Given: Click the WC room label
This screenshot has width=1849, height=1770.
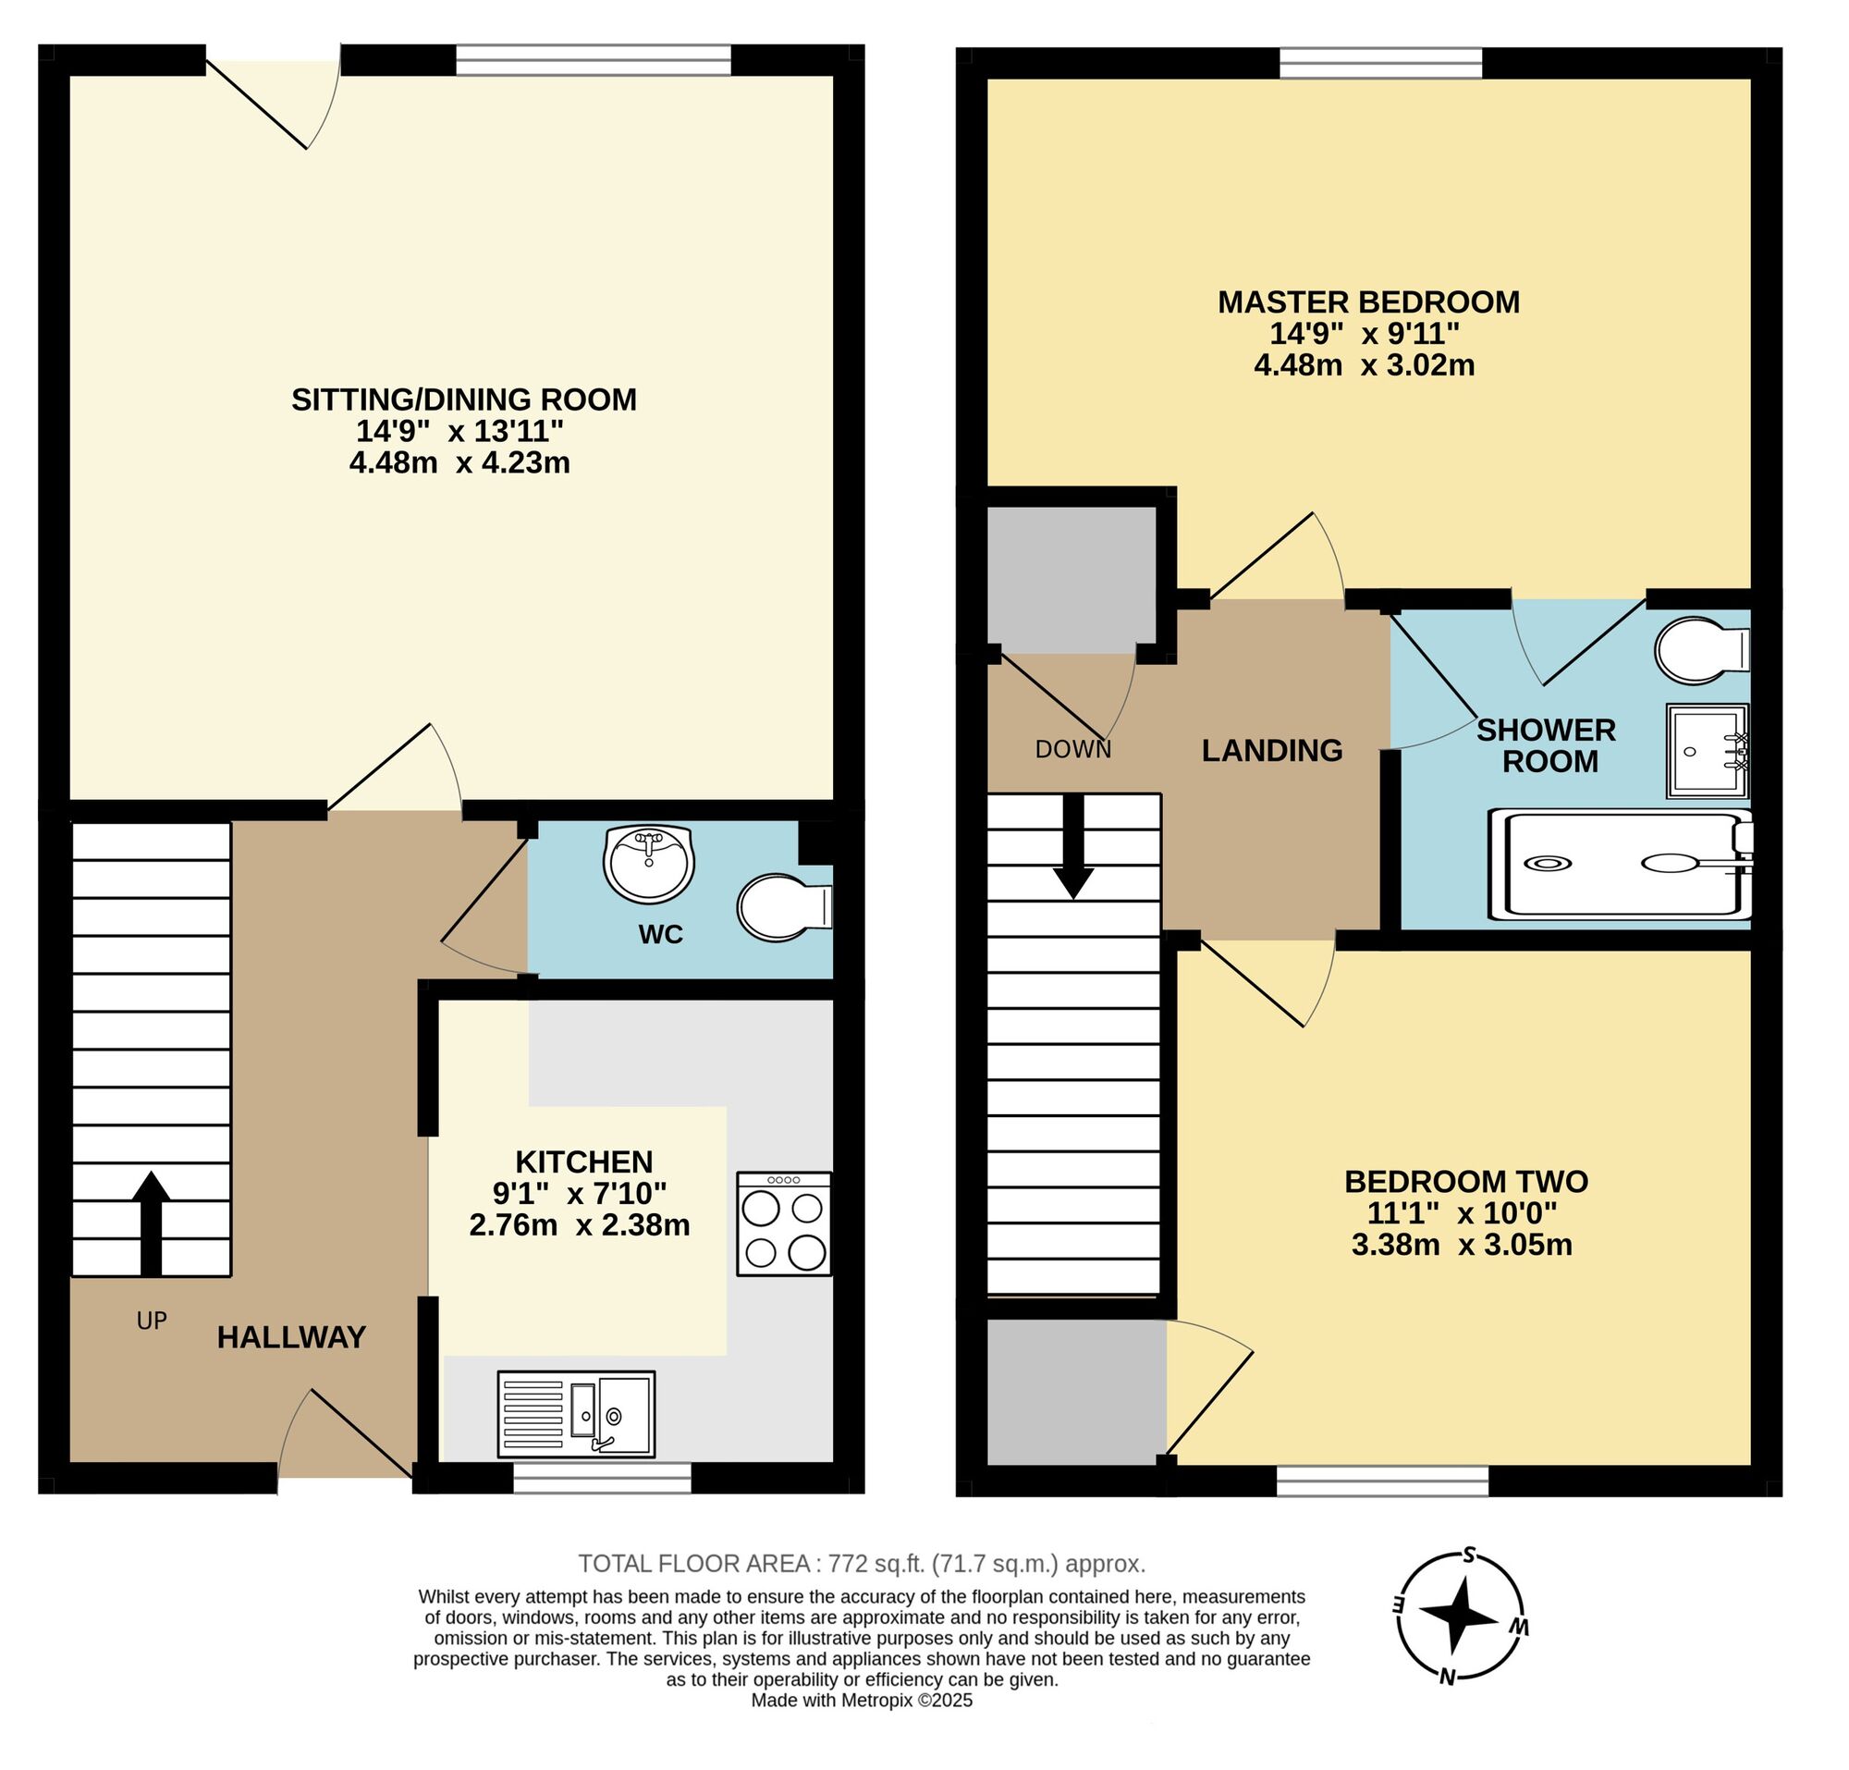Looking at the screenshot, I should pyautogui.click(x=660, y=934).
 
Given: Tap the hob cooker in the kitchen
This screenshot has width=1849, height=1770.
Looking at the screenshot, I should pyautogui.click(x=784, y=1223).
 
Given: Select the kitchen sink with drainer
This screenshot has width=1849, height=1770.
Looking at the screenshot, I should pyautogui.click(x=575, y=1414).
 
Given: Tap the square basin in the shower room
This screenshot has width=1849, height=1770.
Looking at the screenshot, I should pyautogui.click(x=1707, y=750).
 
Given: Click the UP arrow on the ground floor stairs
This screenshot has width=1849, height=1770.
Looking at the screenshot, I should pyautogui.click(x=151, y=1222).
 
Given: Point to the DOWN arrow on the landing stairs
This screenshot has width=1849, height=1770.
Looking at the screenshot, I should pyautogui.click(x=1072, y=845).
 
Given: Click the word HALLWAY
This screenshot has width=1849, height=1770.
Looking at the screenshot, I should pyautogui.click(x=291, y=1337).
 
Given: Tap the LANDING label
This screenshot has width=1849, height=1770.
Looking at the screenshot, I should pyautogui.click(x=1272, y=750).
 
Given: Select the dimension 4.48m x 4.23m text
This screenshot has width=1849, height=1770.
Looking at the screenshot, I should pyautogui.click(x=459, y=462).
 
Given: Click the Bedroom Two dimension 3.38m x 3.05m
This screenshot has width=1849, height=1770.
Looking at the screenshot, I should pyautogui.click(x=1462, y=1245).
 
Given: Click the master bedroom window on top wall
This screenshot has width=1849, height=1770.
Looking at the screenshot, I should pyautogui.click(x=1380, y=63).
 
